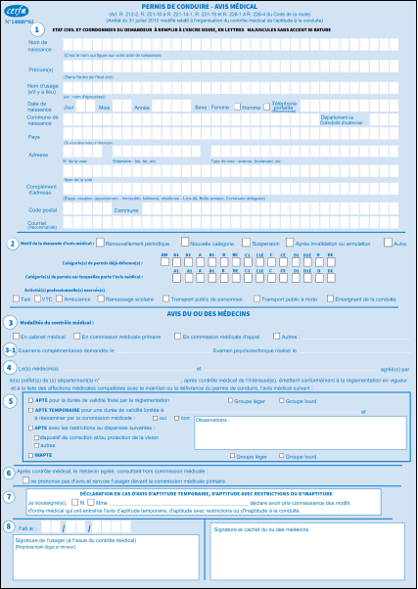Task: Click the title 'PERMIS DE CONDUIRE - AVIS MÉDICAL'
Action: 209,6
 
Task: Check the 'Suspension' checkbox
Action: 248,242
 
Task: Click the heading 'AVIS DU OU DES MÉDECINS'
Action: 209,311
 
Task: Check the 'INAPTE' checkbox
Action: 29,456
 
